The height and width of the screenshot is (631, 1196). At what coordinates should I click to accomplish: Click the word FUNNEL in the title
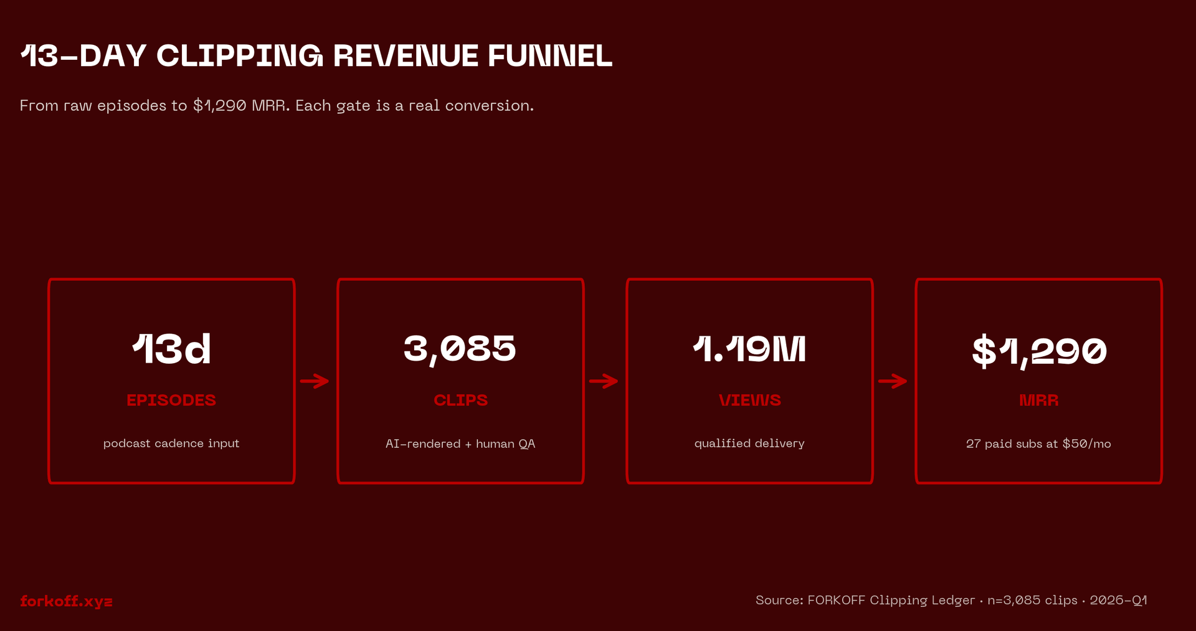(x=550, y=56)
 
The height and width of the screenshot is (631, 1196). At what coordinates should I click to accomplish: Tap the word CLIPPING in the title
(x=240, y=56)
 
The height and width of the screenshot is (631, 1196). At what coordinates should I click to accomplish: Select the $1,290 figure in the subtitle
(x=219, y=106)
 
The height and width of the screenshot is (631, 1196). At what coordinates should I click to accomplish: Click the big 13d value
(x=171, y=349)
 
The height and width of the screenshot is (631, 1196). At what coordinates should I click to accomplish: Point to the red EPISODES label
(x=171, y=400)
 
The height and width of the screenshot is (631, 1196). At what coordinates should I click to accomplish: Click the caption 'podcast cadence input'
(x=171, y=444)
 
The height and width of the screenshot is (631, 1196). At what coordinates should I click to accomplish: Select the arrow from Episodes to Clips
(x=315, y=381)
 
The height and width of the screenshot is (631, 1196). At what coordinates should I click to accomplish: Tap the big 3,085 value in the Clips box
(x=460, y=349)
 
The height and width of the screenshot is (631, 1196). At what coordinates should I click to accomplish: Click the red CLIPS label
(x=460, y=400)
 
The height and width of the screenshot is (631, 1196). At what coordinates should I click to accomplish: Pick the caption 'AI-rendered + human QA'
(x=460, y=444)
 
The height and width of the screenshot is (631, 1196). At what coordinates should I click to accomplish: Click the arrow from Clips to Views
(x=604, y=381)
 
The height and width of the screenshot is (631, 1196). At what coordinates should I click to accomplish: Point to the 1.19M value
(x=749, y=349)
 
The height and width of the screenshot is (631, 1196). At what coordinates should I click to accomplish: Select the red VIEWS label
(x=749, y=400)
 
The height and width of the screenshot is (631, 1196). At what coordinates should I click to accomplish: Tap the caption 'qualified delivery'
(x=749, y=444)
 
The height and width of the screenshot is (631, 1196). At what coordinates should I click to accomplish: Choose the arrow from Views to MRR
(x=893, y=381)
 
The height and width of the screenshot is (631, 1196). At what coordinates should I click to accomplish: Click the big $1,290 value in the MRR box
(x=1039, y=351)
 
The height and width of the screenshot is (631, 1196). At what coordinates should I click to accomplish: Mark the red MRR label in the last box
(x=1038, y=400)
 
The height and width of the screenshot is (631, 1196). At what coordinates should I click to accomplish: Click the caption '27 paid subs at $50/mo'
(x=1038, y=444)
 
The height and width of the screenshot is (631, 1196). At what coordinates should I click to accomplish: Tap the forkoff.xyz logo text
(x=66, y=601)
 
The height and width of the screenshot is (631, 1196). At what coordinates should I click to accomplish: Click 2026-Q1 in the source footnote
(x=1118, y=600)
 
